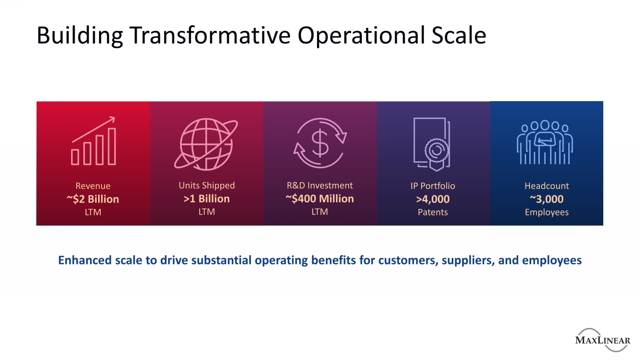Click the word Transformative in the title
[x=210, y=35]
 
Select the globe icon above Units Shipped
[x=206, y=144]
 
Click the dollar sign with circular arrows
[x=320, y=143]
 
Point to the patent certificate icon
[x=432, y=144]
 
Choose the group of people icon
[x=545, y=142]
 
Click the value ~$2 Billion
[x=93, y=199]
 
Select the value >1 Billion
[x=207, y=199]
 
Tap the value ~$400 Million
[x=320, y=199]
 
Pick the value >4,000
[x=433, y=199]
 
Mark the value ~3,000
[x=547, y=199]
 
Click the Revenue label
[x=93, y=186]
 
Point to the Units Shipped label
[x=207, y=186]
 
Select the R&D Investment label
[x=320, y=186]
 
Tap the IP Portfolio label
[x=433, y=186]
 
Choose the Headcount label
[x=547, y=186]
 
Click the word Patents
[x=433, y=212]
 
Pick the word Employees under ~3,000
[x=547, y=212]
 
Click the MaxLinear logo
[x=602, y=340]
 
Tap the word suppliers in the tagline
[x=468, y=261]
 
